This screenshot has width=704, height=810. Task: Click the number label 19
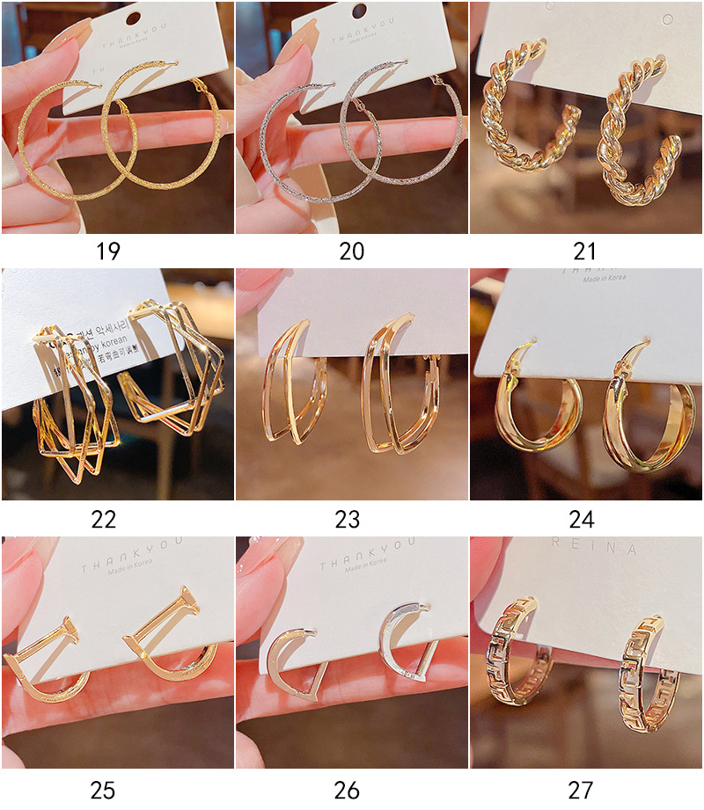(108, 251)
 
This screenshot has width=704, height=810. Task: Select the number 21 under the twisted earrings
(585, 251)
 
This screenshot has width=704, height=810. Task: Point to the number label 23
(347, 519)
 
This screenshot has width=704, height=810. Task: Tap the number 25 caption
(103, 790)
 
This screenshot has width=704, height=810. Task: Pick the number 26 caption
(347, 790)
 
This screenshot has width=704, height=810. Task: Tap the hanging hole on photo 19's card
(134, 17)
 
